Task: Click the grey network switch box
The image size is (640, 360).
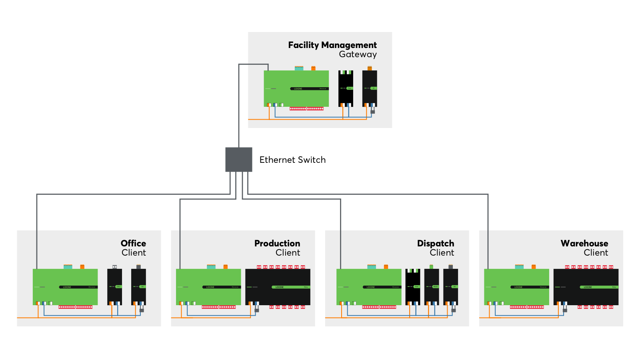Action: (x=239, y=160)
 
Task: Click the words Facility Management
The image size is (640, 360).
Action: (x=332, y=45)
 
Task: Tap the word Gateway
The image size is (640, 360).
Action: (x=358, y=54)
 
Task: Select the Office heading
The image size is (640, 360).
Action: (x=133, y=243)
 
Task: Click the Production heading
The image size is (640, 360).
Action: (x=277, y=243)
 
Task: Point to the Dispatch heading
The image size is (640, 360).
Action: (x=435, y=243)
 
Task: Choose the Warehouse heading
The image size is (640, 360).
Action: (x=584, y=243)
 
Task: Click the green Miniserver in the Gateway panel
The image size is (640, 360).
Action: (x=296, y=88)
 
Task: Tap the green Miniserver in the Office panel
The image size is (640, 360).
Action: (x=65, y=287)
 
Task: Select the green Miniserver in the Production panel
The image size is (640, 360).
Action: (x=208, y=287)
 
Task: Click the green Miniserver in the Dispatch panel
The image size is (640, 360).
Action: (x=369, y=287)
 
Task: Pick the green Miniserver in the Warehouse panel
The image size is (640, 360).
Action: (x=516, y=287)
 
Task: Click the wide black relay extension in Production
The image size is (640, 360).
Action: (x=278, y=287)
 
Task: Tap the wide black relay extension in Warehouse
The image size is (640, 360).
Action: (x=586, y=287)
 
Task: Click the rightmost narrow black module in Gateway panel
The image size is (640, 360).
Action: (x=370, y=88)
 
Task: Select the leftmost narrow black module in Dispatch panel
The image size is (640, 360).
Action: (x=413, y=287)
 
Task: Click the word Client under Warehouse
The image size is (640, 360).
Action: (x=596, y=253)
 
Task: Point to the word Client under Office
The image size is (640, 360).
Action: (x=134, y=253)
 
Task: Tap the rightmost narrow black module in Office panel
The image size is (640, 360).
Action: (x=138, y=287)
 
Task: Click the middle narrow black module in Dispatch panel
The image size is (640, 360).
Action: (x=432, y=287)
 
